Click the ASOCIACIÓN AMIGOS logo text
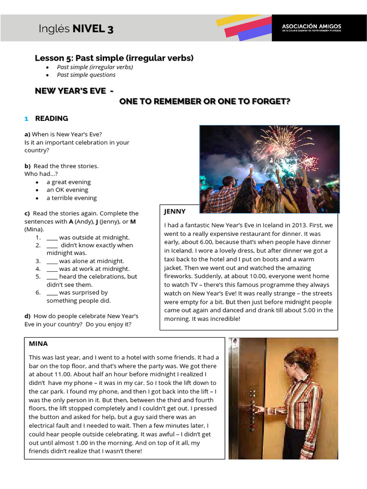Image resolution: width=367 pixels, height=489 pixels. pos(311,27)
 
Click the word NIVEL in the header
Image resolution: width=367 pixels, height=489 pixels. pos(89,29)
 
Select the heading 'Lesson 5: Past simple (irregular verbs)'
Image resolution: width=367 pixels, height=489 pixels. pos(114,58)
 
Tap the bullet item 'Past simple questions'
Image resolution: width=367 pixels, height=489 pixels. pos(86,74)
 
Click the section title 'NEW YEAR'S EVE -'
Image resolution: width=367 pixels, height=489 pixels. pos(74,91)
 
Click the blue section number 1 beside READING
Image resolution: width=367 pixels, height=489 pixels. pos(27,118)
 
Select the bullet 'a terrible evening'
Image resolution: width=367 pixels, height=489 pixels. pos(71,198)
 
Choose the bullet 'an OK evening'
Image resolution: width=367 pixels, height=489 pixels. pos(67,190)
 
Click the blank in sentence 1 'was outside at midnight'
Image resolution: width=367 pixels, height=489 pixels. pos(52,237)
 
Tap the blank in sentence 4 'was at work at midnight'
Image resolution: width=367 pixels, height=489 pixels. pos(52,269)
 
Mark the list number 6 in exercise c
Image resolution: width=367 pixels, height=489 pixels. pos(38,292)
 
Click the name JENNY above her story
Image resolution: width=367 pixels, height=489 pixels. pos(174,211)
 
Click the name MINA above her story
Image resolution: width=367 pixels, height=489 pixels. pos(38,343)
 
